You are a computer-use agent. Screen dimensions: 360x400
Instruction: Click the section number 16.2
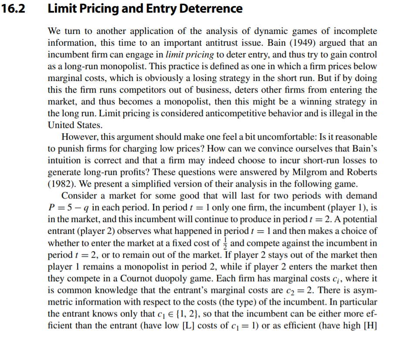14,8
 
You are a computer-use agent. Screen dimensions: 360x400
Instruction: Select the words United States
75,125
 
